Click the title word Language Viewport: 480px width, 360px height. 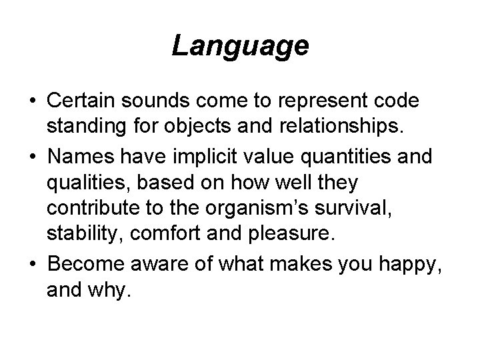[x=240, y=46]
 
